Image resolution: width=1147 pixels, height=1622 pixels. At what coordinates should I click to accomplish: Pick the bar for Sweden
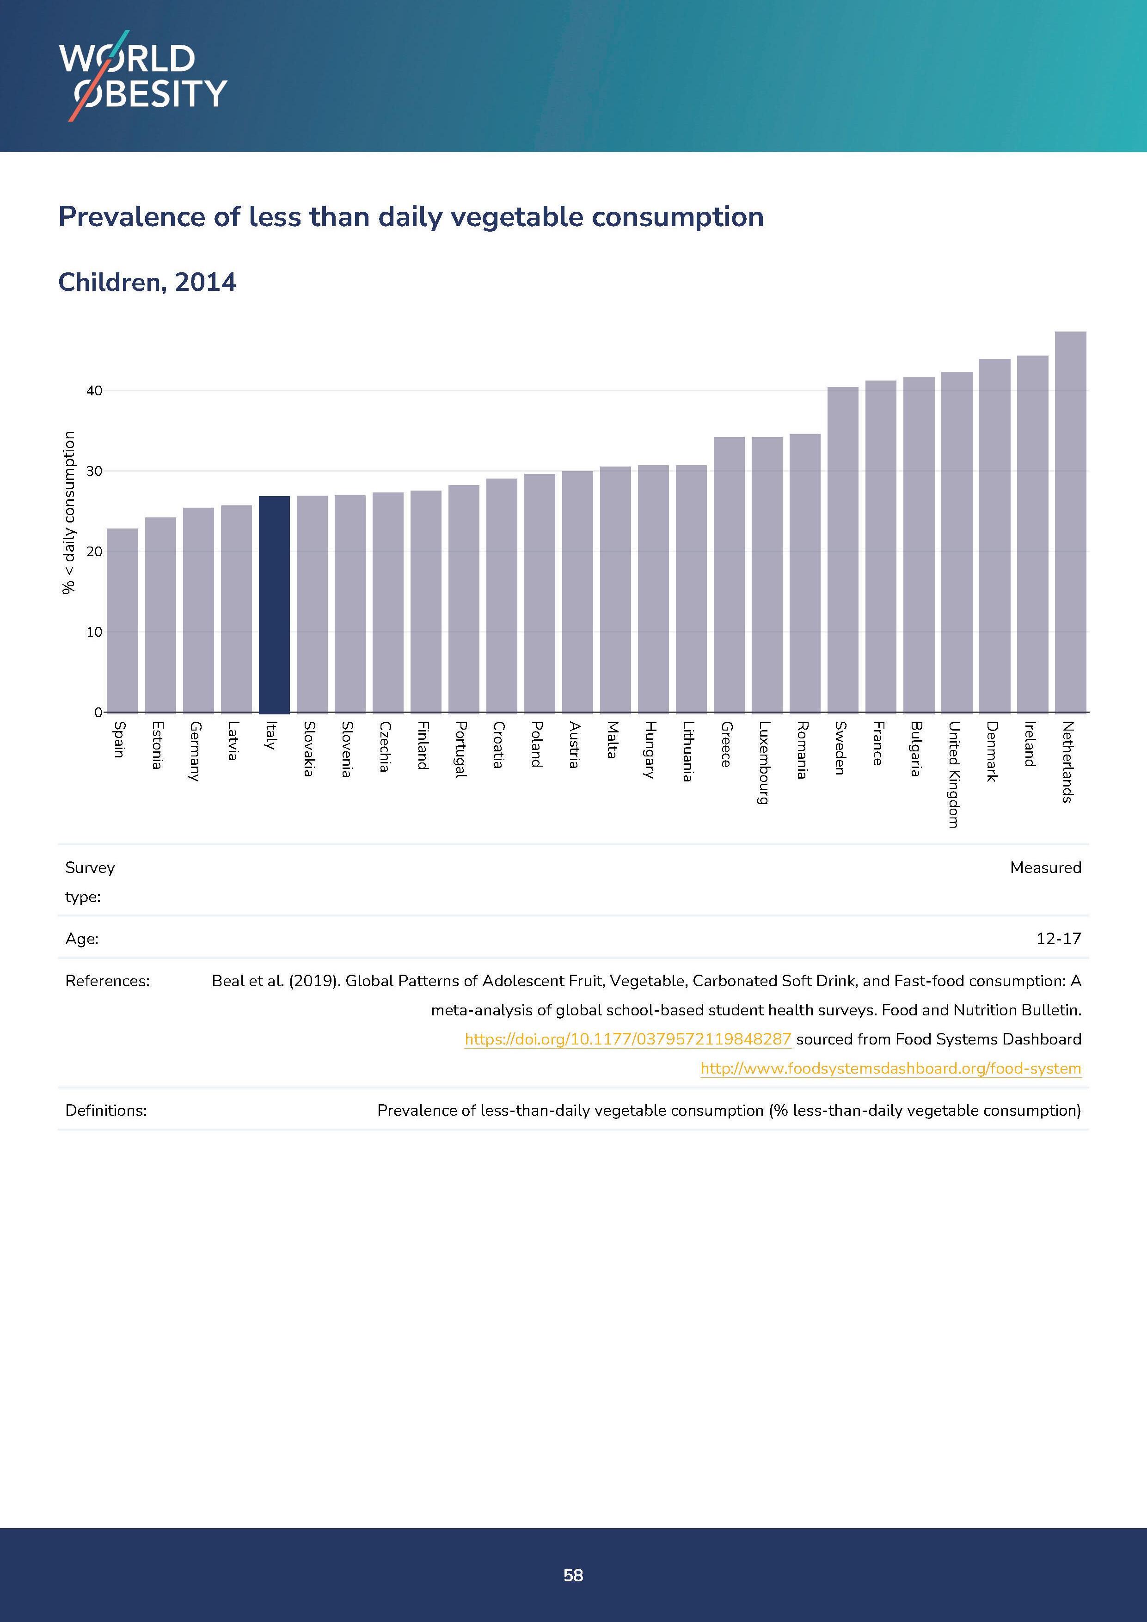[843, 550]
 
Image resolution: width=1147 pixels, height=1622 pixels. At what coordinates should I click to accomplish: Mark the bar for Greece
[729, 574]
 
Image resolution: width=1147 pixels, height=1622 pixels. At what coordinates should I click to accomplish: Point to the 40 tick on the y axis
[94, 391]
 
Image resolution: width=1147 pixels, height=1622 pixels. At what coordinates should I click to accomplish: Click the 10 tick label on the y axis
[94, 632]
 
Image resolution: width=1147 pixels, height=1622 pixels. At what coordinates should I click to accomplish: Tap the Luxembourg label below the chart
[763, 762]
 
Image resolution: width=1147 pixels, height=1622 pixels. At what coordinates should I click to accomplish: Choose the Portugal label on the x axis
[460, 750]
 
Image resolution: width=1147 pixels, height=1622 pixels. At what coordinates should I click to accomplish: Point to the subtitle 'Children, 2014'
[147, 282]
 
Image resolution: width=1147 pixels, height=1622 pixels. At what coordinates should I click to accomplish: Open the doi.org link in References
[627, 1039]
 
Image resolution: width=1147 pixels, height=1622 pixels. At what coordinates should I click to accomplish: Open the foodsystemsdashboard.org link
[890, 1068]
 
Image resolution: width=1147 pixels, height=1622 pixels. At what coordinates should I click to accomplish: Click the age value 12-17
[1058, 939]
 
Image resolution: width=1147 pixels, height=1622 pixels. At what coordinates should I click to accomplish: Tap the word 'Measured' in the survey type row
[1045, 867]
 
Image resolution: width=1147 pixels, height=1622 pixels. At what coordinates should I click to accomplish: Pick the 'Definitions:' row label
[106, 1111]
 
